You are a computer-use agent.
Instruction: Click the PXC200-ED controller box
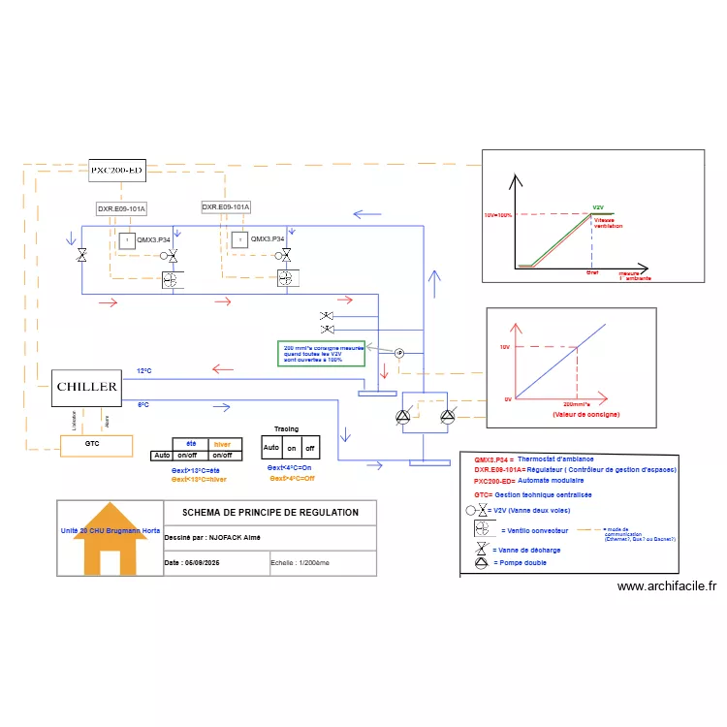click(116, 170)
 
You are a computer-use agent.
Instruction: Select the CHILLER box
click(87, 387)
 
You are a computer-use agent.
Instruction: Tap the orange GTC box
click(92, 445)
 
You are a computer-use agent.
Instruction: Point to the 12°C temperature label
click(144, 371)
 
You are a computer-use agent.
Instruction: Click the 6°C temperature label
click(142, 404)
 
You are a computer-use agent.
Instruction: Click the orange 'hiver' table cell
click(222, 443)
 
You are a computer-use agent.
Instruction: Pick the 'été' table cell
click(191, 443)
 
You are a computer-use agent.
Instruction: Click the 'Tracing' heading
click(286, 428)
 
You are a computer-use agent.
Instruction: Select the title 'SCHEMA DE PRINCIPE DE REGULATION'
click(270, 513)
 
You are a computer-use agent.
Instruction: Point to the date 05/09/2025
click(206, 562)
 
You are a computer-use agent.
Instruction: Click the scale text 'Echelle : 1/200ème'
click(300, 562)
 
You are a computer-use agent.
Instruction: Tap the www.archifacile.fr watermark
click(666, 585)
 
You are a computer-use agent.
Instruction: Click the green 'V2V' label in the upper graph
click(598, 207)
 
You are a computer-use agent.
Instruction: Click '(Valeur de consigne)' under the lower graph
click(585, 414)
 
